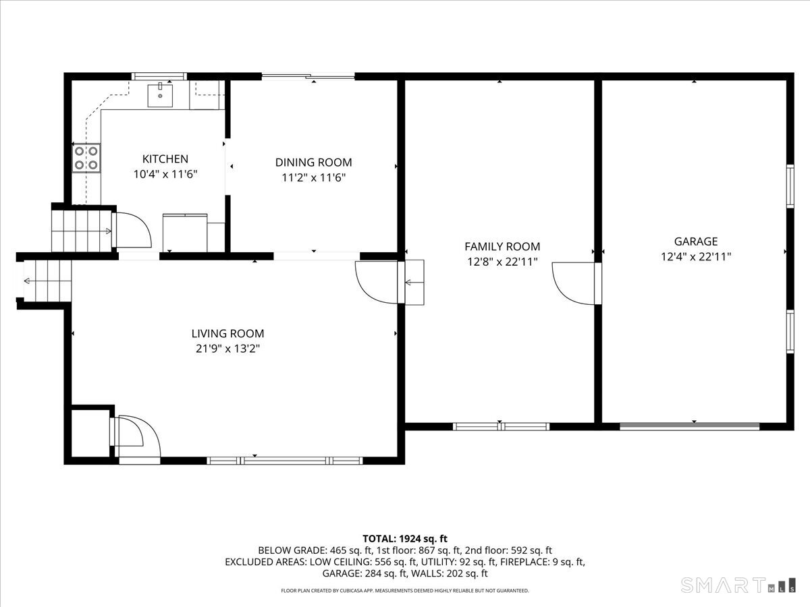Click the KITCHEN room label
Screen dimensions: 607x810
pos(165,159)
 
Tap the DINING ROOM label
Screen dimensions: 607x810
pos(313,163)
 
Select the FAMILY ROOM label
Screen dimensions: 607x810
pos(502,247)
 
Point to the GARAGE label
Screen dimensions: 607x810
pos(695,241)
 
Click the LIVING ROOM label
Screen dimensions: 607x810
pos(227,333)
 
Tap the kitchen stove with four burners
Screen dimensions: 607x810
pos(86,158)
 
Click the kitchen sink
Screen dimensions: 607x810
pos(161,95)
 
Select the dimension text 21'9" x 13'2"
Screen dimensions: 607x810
pos(227,349)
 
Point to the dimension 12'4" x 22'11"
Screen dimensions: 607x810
pos(695,256)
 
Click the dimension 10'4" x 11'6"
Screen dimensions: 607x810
pos(165,174)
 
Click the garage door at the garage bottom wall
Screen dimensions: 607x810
pos(689,426)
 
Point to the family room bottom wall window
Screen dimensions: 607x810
pos(501,426)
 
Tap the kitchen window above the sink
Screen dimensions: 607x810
pos(159,76)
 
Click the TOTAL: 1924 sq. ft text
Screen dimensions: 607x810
pos(405,538)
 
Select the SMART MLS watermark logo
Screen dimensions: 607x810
pos(739,584)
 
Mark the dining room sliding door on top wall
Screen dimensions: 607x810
pos(308,76)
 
